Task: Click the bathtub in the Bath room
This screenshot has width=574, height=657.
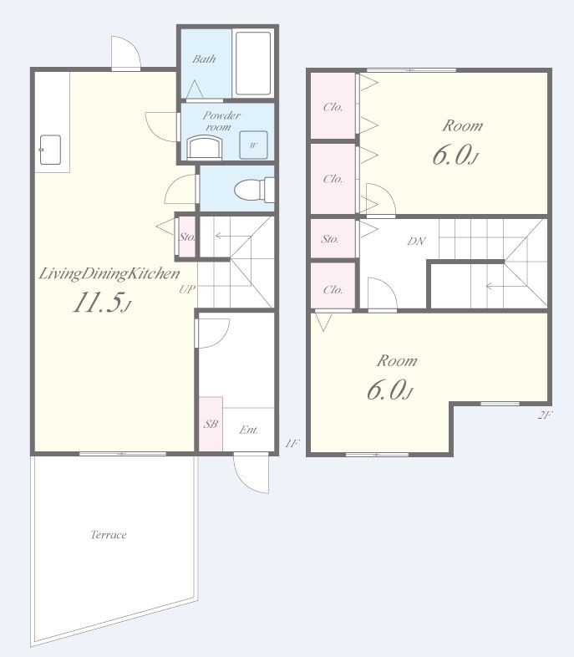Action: tap(252, 64)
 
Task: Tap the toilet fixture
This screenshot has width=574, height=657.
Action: tap(253, 190)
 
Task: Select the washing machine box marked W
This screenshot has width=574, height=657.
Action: tap(253, 145)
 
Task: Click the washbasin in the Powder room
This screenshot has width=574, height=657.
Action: tap(205, 147)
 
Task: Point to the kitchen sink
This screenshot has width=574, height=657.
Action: tap(50, 150)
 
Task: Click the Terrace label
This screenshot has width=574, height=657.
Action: tap(109, 535)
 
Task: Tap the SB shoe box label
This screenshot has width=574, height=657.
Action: tap(211, 424)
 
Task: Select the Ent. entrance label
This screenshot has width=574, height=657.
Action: tap(248, 430)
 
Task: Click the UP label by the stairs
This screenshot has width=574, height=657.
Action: tap(186, 289)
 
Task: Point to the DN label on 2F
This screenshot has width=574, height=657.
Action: tap(417, 241)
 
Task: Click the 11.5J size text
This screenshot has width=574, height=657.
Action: tap(102, 303)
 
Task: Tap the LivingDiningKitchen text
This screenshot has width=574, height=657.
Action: tap(109, 274)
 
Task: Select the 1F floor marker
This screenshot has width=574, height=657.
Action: tap(292, 443)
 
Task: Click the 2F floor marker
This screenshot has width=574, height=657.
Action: tap(545, 415)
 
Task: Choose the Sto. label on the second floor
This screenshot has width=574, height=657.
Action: tap(329, 239)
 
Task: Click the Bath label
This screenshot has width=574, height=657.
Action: tap(204, 59)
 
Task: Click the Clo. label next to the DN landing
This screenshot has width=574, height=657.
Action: tap(333, 289)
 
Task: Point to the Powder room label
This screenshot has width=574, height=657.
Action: tap(221, 120)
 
